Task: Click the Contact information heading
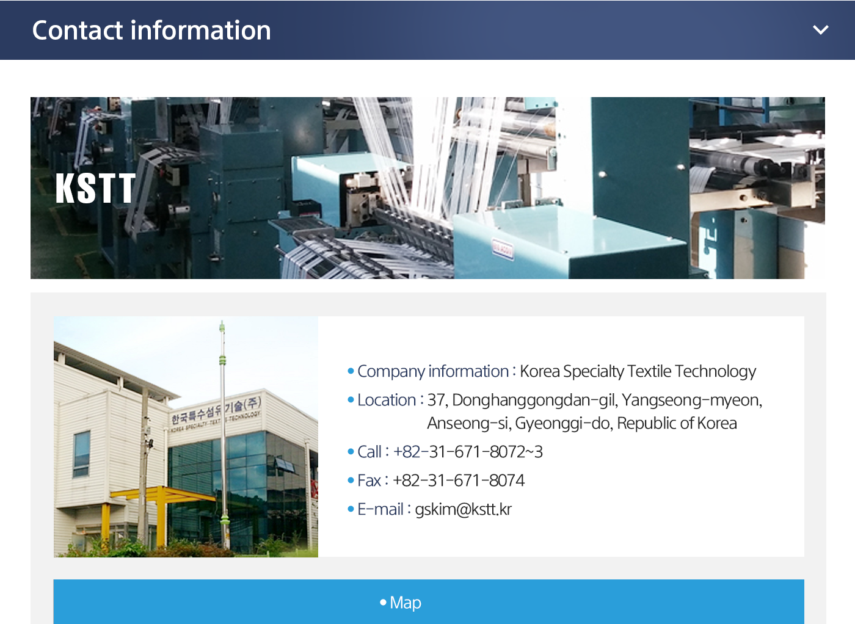(151, 30)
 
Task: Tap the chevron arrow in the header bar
(820, 30)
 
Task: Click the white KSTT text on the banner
(95, 188)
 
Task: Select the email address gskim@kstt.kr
(463, 509)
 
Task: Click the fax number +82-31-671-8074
(459, 481)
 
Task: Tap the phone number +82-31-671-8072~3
(468, 452)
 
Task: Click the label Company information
(433, 371)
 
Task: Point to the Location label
(387, 400)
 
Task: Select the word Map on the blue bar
(406, 603)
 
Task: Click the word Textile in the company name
(649, 371)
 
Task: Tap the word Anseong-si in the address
(469, 423)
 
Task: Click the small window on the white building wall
(81, 454)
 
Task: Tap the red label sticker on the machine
(503, 250)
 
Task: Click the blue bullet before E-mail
(351, 509)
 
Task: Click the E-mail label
(380, 509)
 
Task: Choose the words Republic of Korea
(677, 423)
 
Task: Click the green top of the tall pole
(222, 327)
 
